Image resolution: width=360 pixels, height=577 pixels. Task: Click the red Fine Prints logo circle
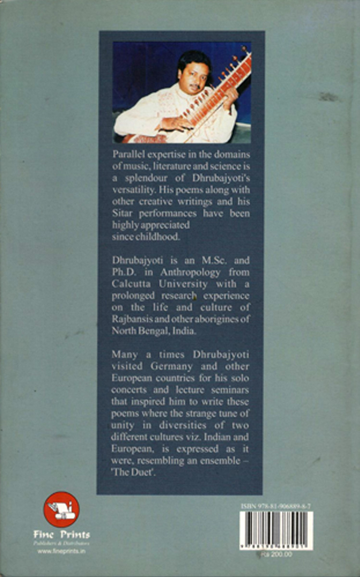click(62, 509)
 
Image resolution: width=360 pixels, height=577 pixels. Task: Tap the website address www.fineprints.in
click(61, 551)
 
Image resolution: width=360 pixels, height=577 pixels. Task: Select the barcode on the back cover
click(276, 530)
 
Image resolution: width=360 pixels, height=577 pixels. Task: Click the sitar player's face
click(191, 73)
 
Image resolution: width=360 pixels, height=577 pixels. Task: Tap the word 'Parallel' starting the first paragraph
click(125, 153)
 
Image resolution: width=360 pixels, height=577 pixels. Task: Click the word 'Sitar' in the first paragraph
click(121, 213)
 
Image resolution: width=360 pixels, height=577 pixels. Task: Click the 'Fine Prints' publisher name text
click(62, 534)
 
